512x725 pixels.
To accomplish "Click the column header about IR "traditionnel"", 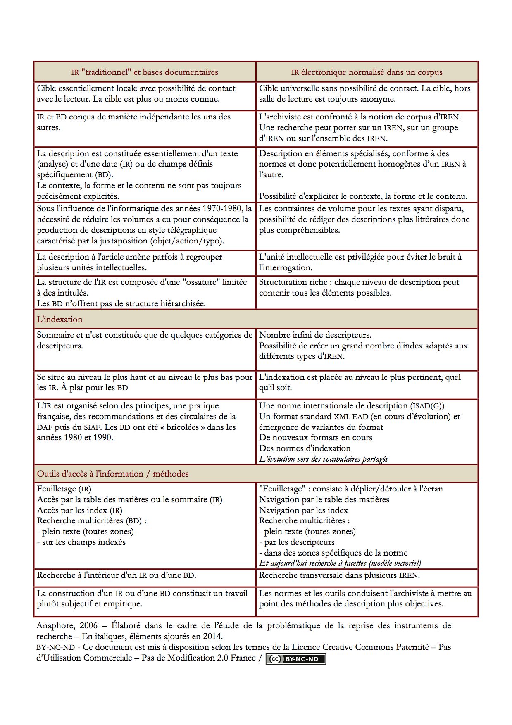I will coord(145,72).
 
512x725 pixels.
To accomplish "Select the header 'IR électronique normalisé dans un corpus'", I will coord(367,72).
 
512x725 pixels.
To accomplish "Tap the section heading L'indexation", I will coord(60,319).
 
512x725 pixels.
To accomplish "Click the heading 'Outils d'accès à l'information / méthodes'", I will coord(113,474).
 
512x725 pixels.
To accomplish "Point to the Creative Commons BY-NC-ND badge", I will coord(296,659).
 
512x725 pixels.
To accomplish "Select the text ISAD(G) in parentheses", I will coord(427,406).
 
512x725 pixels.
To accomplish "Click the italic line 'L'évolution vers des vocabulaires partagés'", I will coord(323,459).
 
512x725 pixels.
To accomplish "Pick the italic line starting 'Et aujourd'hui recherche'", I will coord(340,563).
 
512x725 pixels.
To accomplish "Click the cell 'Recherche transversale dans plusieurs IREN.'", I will coord(339,575).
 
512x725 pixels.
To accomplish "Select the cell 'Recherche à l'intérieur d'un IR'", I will coord(117,575).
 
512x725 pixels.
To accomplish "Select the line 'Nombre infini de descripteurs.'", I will coord(315,335).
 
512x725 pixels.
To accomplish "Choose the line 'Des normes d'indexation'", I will coord(305,448).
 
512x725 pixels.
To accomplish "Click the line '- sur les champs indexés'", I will coord(81,542).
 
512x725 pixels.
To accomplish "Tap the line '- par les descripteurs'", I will coord(296,542).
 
